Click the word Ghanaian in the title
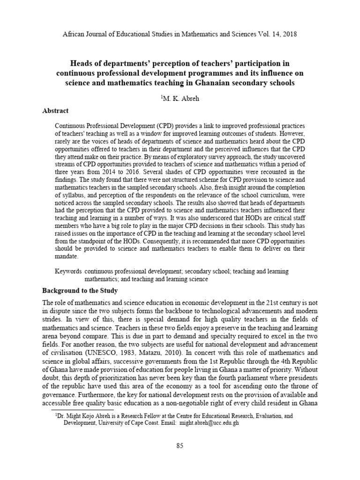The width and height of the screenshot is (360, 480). pos(203,83)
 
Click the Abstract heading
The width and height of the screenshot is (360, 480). pos(56,111)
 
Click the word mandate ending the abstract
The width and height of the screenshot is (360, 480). pos(67,256)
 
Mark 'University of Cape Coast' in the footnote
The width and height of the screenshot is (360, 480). pos(127,422)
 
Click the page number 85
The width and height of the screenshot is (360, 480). pos(180,446)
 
